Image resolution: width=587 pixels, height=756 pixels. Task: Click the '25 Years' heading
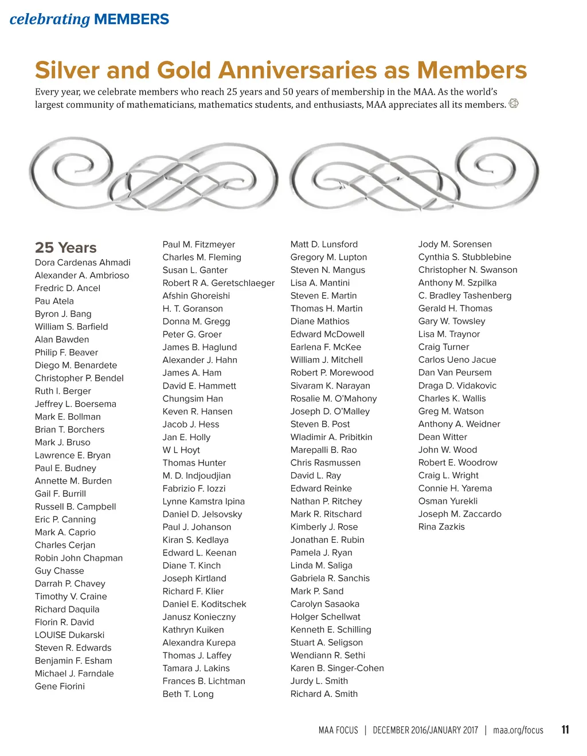(x=65, y=248)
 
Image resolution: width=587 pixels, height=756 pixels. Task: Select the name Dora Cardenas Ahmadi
(x=83, y=263)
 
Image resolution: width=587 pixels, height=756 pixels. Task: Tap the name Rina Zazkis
(x=441, y=527)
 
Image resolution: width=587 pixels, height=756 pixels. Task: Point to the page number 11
(x=565, y=730)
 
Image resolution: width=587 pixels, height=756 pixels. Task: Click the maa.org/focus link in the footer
(x=518, y=730)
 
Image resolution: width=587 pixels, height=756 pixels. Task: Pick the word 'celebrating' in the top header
(x=50, y=19)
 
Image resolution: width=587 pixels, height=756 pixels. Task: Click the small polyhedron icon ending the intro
(x=514, y=104)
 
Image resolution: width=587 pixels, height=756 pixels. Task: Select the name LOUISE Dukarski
(x=69, y=635)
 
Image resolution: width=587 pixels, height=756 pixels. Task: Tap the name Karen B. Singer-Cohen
(x=337, y=668)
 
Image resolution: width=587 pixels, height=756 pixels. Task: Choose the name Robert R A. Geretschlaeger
(x=218, y=283)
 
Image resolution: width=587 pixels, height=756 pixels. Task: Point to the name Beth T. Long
(x=188, y=694)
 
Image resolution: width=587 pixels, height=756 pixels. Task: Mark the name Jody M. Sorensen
(x=455, y=244)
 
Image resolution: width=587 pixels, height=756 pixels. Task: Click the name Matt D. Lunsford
(x=324, y=244)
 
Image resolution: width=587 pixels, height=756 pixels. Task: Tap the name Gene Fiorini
(x=60, y=687)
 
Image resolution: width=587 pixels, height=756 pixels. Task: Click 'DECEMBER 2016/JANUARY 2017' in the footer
(x=425, y=730)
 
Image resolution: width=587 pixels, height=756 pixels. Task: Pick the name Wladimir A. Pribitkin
(x=331, y=437)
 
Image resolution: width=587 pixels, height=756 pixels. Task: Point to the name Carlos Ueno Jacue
(x=457, y=360)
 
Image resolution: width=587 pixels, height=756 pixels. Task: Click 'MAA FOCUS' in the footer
(x=338, y=730)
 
